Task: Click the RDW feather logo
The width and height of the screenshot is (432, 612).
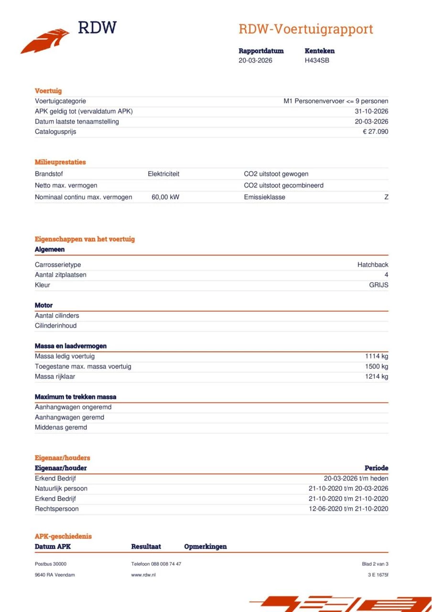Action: (x=45, y=41)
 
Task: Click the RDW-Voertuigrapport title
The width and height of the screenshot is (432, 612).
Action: (x=305, y=29)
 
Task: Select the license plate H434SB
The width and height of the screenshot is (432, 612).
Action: (x=317, y=61)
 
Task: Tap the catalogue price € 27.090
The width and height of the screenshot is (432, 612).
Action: (x=375, y=131)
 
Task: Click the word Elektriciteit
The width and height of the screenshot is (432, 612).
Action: (x=163, y=174)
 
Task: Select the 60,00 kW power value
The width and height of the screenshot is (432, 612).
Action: (x=165, y=197)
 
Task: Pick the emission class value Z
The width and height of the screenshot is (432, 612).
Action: (x=386, y=197)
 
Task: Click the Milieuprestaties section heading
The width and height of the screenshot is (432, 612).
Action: (x=60, y=162)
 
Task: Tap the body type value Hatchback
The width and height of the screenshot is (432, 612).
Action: (x=373, y=265)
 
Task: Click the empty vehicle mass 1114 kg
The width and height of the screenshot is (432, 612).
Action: (x=377, y=356)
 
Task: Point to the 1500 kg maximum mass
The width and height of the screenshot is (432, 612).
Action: (x=377, y=367)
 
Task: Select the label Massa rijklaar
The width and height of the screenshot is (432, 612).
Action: (x=55, y=377)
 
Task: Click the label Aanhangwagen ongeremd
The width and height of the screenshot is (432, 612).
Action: (x=73, y=407)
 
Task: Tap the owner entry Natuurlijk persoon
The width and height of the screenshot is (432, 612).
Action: (x=61, y=489)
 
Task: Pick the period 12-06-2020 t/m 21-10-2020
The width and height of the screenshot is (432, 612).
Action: (x=348, y=509)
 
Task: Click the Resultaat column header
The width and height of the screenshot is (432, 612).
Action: (x=146, y=546)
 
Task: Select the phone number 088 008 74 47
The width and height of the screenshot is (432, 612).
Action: (x=166, y=564)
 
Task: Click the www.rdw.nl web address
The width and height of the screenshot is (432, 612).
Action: (x=143, y=575)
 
